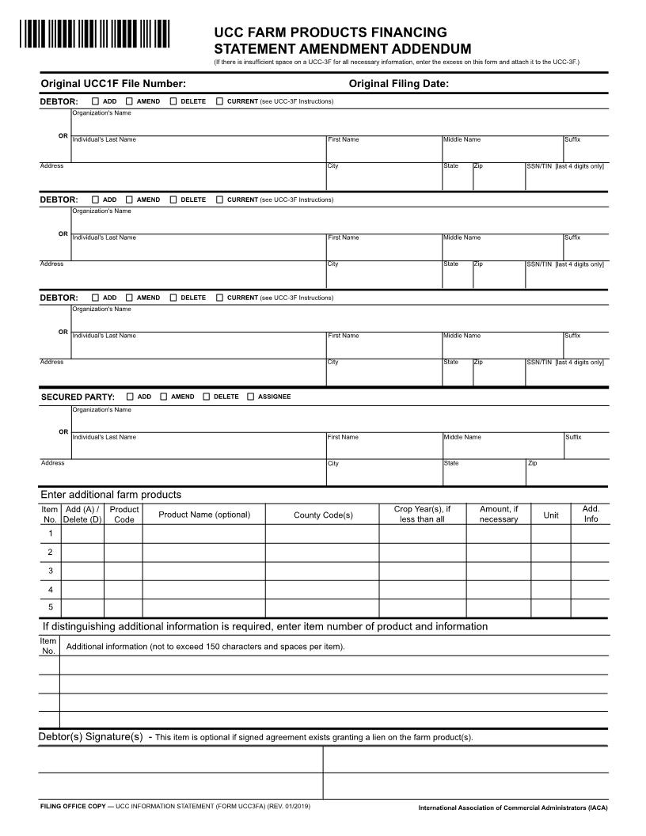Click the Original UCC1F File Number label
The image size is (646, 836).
pos(113,83)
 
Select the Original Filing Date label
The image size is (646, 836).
pos(398,83)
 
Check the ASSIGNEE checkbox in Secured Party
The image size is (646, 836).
pos(251,397)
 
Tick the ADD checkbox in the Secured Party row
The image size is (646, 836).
pos(130,397)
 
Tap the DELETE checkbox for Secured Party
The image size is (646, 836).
pos(207,397)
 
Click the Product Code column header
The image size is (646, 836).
pos(123,514)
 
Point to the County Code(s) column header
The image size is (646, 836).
pos(322,515)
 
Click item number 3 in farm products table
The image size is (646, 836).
pos(50,571)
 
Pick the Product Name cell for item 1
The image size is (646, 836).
pos(203,534)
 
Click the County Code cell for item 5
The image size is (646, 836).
pos(322,607)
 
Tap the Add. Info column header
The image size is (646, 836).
pos(591,514)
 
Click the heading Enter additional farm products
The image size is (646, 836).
pos(111,495)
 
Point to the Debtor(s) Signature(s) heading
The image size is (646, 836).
pos(90,737)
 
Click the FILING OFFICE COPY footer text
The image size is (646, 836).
pos(76,806)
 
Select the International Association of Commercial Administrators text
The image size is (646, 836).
pos(513,808)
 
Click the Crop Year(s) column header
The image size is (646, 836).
pos(422,514)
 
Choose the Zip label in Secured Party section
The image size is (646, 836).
pos(532,463)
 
